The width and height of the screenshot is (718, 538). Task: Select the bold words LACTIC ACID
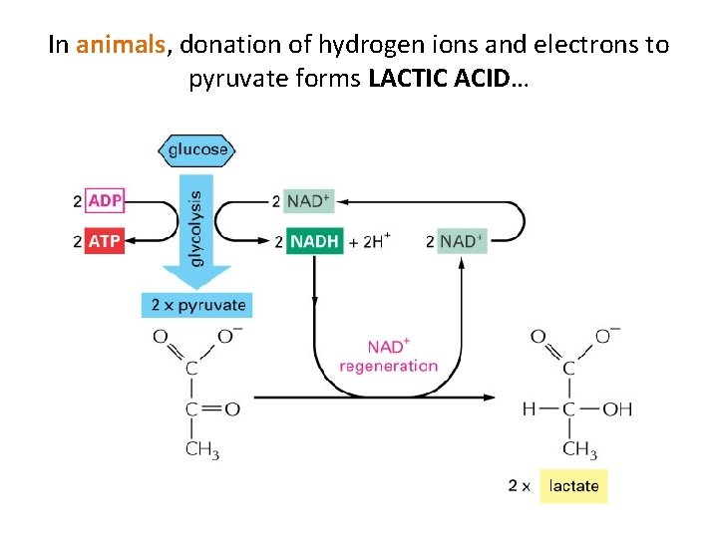pos(440,79)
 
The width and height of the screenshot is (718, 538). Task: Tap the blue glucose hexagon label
pos(197,150)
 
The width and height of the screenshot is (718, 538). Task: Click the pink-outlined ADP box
pos(105,200)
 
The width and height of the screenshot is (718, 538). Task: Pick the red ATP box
pos(105,241)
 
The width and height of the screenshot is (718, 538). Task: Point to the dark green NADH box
pos(314,241)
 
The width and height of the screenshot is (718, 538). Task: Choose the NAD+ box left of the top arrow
pos(306,200)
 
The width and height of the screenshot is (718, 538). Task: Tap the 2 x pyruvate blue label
pos(195,304)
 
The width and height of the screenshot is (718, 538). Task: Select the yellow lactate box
pos(573,486)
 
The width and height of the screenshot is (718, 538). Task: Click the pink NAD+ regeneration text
pos(388,356)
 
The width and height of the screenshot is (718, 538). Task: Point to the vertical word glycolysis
pos(195,227)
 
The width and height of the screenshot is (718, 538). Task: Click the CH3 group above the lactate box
pos(579,449)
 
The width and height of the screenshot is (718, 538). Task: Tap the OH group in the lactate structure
pos(616,409)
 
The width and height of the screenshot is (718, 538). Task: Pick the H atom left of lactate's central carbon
pos(529,409)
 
